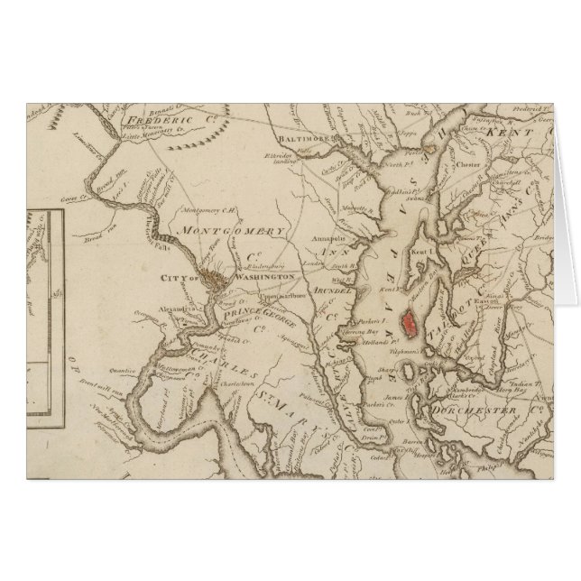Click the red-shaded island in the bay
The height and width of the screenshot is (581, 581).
pyautogui.click(x=413, y=320)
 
